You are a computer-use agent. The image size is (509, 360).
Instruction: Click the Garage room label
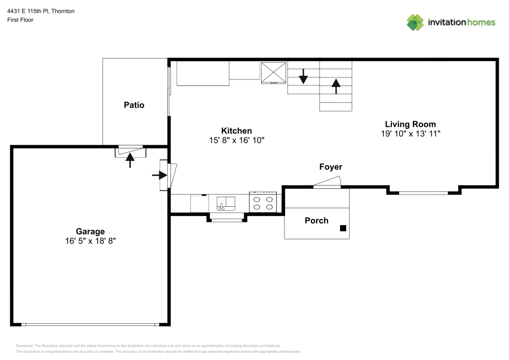(90, 232)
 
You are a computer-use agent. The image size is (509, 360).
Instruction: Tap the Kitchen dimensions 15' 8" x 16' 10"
(237, 140)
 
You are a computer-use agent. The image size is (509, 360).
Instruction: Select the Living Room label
(410, 124)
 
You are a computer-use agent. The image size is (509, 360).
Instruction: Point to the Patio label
(134, 105)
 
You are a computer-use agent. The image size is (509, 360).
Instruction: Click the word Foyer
(331, 167)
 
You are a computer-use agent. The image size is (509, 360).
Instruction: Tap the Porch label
(317, 220)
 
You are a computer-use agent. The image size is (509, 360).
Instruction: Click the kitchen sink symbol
(225, 203)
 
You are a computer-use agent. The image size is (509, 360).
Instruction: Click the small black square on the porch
(343, 229)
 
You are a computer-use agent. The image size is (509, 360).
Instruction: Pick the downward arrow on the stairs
(303, 77)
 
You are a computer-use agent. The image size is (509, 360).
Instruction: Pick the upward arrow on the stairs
(336, 86)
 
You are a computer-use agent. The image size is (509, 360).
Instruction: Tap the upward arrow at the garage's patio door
(130, 160)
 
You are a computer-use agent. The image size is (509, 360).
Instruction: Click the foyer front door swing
(327, 183)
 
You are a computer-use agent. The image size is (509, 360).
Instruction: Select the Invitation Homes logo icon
(415, 22)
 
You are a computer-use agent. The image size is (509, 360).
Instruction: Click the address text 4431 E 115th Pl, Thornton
(41, 11)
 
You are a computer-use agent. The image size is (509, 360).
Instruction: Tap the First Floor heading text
(20, 20)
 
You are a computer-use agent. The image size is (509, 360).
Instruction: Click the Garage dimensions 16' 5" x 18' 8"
(90, 241)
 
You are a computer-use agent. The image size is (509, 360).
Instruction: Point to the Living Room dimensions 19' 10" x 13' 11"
(410, 134)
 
